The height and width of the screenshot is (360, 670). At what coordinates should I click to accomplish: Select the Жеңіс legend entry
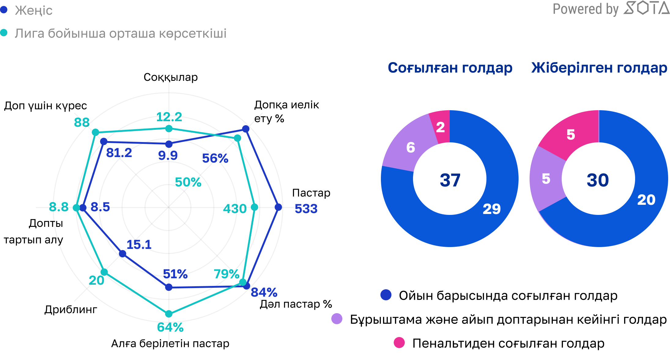point(33,10)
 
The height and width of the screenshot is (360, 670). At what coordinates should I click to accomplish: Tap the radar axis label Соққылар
point(171,77)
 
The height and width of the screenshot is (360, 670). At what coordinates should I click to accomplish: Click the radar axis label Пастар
point(311,193)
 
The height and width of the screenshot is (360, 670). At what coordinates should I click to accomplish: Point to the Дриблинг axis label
point(71,309)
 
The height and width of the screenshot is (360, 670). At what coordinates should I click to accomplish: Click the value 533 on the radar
point(306,209)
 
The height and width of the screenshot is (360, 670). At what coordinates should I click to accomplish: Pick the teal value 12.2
point(169,117)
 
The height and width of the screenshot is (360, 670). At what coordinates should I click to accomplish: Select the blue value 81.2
point(119,153)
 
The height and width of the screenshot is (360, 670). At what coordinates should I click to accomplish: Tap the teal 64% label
point(170,327)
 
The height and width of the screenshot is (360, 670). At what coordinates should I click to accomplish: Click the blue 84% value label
point(264,292)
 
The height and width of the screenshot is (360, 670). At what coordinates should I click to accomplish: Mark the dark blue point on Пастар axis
point(278,207)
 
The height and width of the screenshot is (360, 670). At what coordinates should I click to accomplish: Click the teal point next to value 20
point(104,272)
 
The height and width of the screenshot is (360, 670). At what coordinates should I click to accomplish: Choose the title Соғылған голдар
point(450,68)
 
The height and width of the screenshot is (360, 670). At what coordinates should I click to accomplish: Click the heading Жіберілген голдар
point(599,68)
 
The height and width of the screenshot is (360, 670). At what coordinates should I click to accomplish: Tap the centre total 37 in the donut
point(450,180)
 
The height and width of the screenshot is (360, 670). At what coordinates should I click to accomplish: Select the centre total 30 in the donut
point(598,180)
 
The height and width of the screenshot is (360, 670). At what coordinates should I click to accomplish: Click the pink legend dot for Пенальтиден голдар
point(399,343)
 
